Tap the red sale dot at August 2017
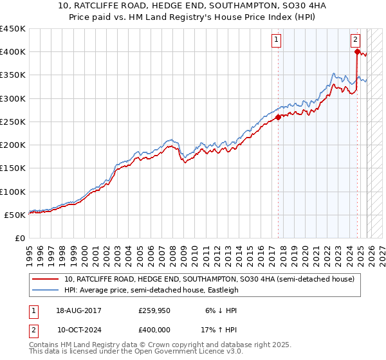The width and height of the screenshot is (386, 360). click(278, 117)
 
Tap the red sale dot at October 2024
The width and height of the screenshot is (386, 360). click(357, 52)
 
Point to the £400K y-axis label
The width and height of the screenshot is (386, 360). click(12, 52)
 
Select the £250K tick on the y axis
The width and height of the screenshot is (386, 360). click(12, 122)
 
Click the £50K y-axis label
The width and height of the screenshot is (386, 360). click(15, 215)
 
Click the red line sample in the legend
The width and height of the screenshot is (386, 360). click(46, 280)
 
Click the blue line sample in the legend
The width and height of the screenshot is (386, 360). click(46, 290)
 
